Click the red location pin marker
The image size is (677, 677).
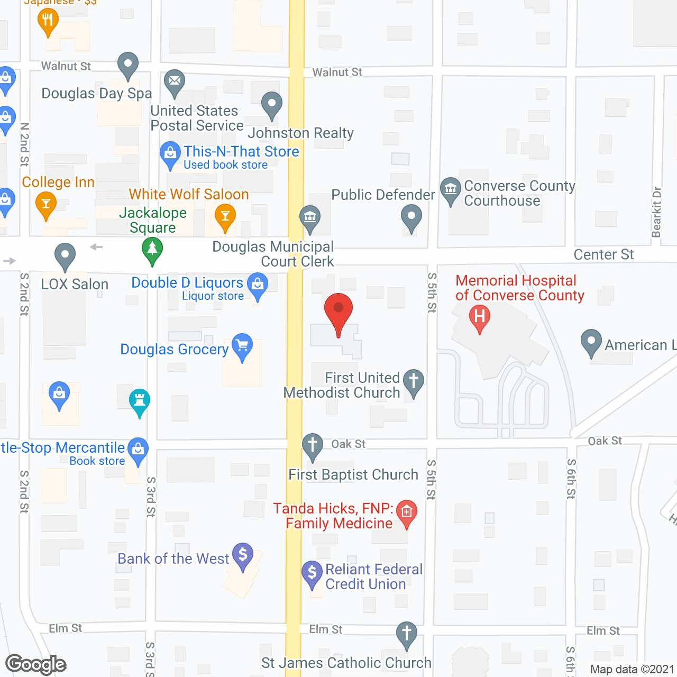338,309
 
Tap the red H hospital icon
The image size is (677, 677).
480,317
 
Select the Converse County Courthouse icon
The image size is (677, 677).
451,189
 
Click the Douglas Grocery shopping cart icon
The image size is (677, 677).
242,346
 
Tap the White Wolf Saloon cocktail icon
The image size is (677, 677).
225,217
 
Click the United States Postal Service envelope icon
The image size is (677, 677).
174,82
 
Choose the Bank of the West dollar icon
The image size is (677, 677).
243,555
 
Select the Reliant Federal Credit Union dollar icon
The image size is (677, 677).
312,573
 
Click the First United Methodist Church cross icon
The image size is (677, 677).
414,381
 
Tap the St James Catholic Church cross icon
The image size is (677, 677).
407,634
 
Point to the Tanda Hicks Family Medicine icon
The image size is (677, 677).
407,513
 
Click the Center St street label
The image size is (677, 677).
603,255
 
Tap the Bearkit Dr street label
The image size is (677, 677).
656,212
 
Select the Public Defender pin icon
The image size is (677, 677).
411,217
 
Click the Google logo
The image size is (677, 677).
36,664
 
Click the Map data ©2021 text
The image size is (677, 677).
632,670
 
